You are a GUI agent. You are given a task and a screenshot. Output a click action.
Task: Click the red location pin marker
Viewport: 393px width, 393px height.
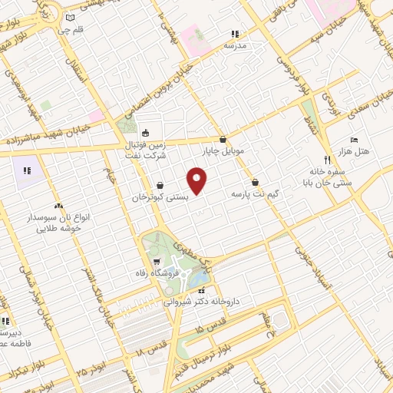pos(198,181)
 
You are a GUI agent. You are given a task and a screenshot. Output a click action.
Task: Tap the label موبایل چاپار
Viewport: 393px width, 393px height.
pos(223,151)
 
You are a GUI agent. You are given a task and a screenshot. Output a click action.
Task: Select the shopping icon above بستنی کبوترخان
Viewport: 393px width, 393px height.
pos(159,185)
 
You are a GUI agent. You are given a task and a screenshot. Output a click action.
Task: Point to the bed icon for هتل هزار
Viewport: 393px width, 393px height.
pos(353,140)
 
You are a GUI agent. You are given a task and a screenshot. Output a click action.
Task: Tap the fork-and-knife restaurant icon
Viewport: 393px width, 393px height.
pos(328,160)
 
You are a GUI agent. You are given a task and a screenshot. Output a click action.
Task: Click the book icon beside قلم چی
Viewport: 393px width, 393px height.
pos(71,18)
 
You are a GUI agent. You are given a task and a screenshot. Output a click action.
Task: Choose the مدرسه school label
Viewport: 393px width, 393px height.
pos(235,45)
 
